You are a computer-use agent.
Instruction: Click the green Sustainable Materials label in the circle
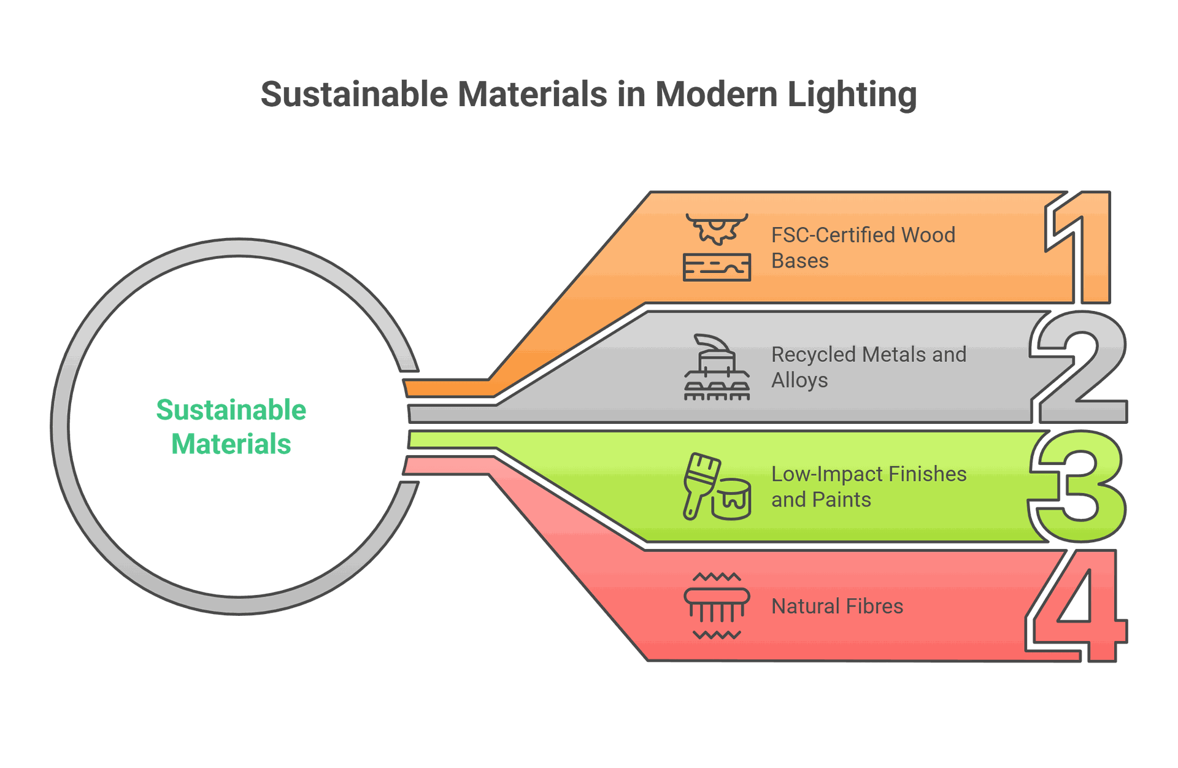[x=231, y=427]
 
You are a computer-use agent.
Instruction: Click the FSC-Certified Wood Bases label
[x=863, y=248]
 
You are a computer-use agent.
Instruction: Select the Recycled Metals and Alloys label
[x=869, y=367]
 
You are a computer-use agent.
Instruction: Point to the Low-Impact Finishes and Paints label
[x=869, y=487]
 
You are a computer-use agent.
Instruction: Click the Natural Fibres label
[x=837, y=607]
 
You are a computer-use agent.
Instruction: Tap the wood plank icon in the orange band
[x=717, y=267]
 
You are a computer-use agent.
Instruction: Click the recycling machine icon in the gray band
[x=717, y=367]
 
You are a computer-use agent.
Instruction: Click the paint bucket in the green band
[x=731, y=499]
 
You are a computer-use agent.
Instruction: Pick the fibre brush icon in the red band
[x=717, y=606]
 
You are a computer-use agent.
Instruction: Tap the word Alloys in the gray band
[x=799, y=381]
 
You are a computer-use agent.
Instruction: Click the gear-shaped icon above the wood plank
[x=717, y=229]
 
